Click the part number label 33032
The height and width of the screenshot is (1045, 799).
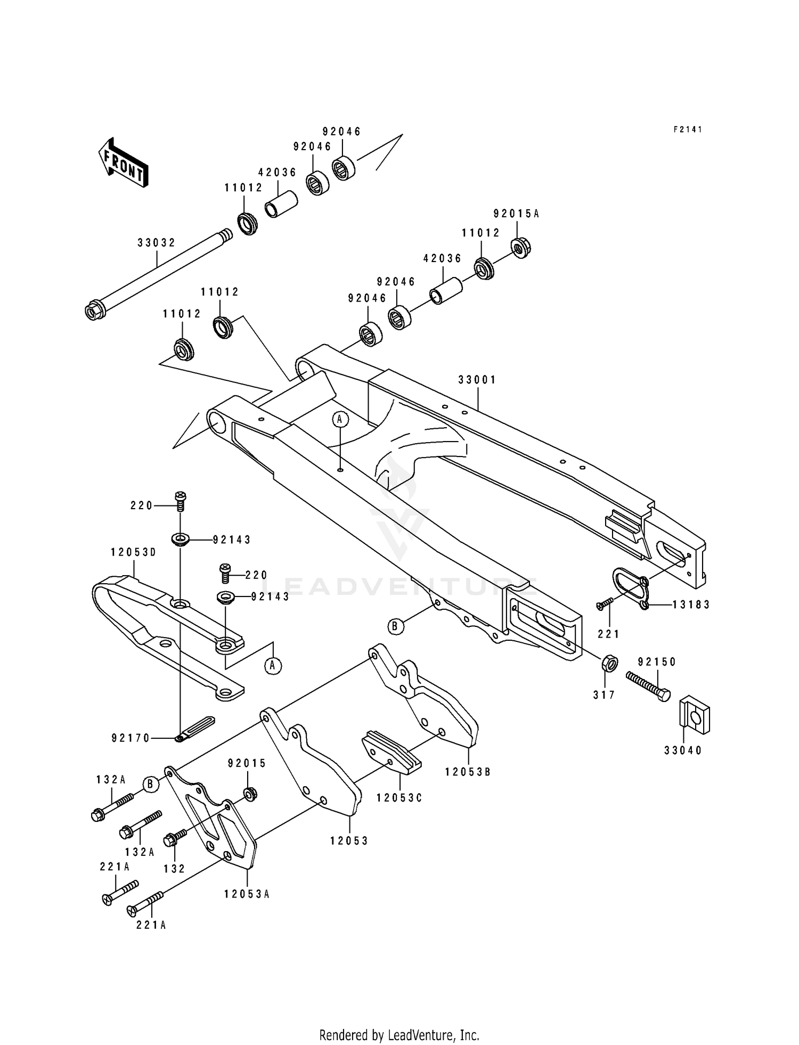click(156, 243)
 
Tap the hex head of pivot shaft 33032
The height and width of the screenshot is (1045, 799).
click(94, 312)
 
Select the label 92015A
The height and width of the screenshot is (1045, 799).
click(516, 214)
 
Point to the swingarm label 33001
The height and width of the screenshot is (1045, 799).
click(477, 380)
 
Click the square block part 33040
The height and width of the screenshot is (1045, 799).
click(695, 717)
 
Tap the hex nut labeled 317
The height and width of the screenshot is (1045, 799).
click(609, 664)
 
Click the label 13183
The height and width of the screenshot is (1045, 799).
click(691, 605)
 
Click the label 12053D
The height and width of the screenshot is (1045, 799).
click(133, 552)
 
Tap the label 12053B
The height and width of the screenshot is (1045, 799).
click(468, 772)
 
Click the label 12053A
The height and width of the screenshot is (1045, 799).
click(247, 894)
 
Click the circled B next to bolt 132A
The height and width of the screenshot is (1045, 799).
click(151, 784)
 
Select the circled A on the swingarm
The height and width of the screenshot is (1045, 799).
click(340, 420)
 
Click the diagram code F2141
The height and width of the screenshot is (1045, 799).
click(688, 129)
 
